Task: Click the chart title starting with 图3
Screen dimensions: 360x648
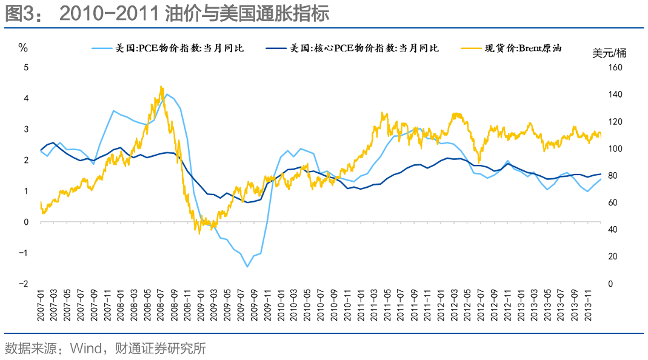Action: tap(167, 14)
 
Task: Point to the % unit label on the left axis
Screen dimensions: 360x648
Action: tap(24, 48)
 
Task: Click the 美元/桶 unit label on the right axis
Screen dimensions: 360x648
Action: tap(609, 53)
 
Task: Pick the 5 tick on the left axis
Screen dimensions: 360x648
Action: tap(25, 67)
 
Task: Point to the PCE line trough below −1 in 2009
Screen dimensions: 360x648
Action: tap(247, 266)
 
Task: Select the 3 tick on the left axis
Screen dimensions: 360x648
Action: tap(25, 129)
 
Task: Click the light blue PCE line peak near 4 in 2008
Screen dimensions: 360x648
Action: tap(167, 95)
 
